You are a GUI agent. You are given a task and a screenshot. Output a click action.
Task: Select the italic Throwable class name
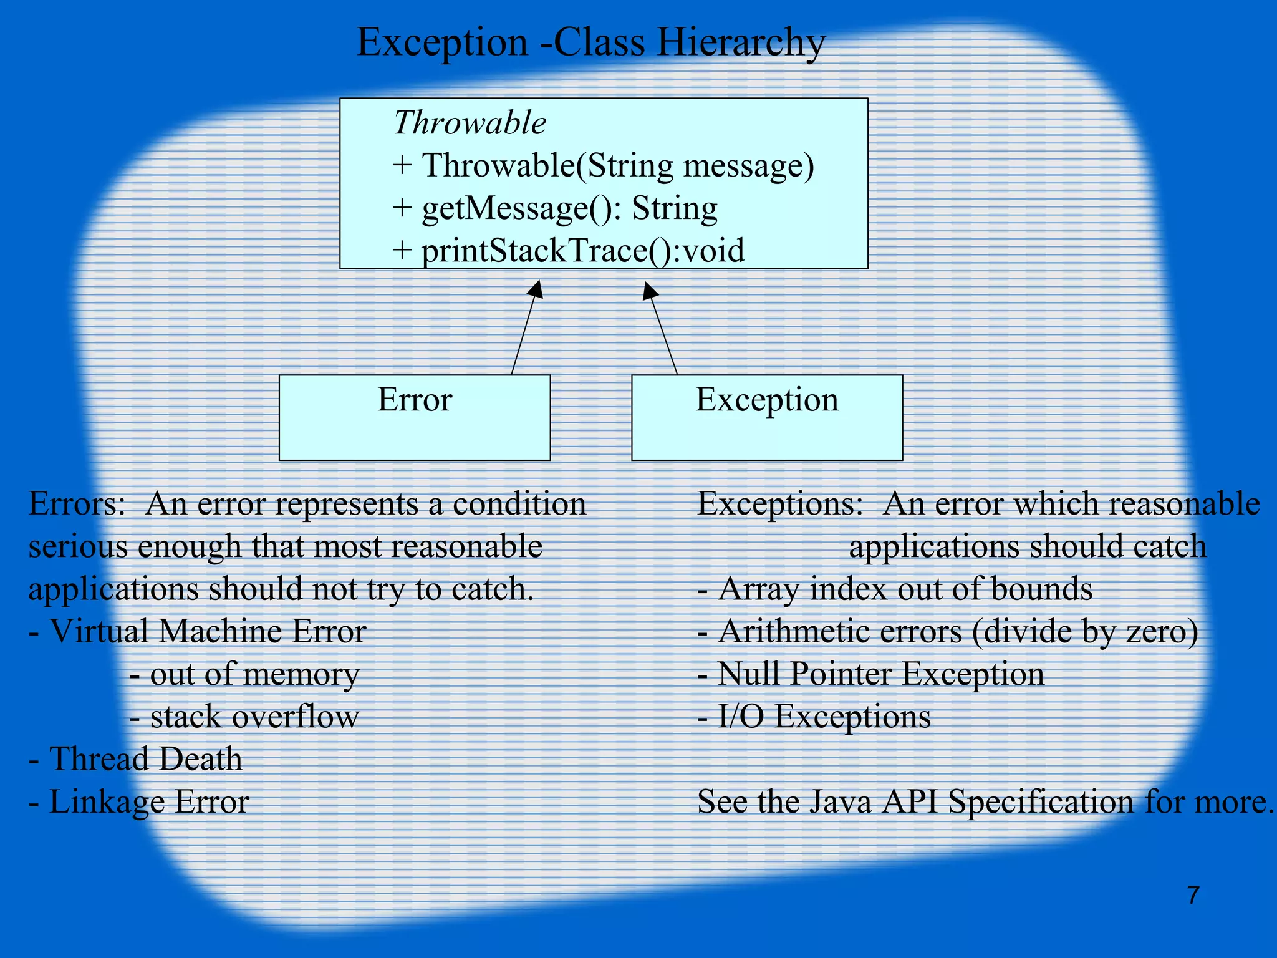(x=470, y=122)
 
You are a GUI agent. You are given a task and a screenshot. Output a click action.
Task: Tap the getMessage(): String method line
(x=555, y=208)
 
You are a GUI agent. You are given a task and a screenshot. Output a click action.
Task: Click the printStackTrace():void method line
(x=568, y=251)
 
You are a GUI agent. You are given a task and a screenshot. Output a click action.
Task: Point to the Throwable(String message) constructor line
(x=603, y=166)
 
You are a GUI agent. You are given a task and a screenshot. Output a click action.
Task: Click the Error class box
(x=415, y=417)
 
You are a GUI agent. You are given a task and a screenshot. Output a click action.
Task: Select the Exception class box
(x=767, y=417)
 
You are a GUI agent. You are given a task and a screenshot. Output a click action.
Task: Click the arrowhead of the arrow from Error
(x=536, y=289)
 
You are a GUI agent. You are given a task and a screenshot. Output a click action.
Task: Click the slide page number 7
(x=1193, y=895)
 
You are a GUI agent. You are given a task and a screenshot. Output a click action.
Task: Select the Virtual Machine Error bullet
(x=198, y=632)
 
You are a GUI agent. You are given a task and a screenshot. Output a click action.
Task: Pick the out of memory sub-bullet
(x=244, y=674)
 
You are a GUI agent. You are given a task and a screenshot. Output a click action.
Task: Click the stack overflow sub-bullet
(x=244, y=717)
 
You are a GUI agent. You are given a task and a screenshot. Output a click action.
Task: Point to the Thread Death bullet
(x=136, y=759)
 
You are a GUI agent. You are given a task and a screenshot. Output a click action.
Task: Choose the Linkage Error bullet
(x=139, y=801)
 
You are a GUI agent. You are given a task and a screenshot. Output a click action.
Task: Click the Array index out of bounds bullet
(x=895, y=589)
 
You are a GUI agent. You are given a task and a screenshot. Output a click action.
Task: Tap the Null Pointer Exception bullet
(x=870, y=674)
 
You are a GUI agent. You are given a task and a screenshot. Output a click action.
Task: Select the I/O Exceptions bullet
(x=814, y=717)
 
